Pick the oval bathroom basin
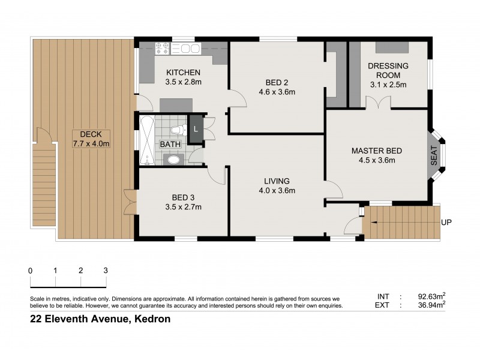[x=173, y=159]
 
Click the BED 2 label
[x=277, y=83]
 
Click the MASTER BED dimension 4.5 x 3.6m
[x=376, y=161]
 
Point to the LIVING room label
[x=277, y=181]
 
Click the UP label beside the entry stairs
[x=446, y=222]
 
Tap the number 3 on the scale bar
[x=106, y=271]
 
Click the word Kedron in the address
[x=151, y=320]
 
